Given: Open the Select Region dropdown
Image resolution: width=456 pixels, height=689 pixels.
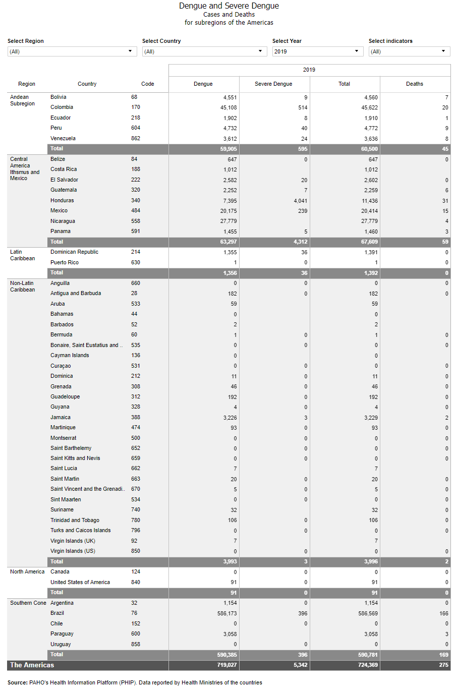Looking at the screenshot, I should (x=72, y=51).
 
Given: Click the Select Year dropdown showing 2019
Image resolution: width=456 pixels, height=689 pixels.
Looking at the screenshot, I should (x=317, y=51).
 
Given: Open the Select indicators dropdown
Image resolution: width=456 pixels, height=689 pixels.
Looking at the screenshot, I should (x=409, y=51).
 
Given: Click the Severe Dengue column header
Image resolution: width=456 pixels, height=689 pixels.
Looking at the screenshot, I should (x=273, y=84).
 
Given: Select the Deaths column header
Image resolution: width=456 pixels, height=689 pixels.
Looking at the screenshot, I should (x=415, y=84).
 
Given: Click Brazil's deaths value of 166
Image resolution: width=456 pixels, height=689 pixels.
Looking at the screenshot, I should (x=443, y=614).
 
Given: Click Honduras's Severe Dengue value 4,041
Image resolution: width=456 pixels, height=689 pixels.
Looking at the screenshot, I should (x=300, y=201).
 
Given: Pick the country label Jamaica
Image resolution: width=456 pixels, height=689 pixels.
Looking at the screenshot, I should (x=61, y=418).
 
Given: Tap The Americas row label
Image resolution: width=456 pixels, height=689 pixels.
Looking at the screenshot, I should (x=32, y=665).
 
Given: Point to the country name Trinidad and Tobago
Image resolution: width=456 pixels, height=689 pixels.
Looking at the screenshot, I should (x=75, y=521).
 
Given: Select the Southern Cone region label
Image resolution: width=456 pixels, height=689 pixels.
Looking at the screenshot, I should (x=28, y=603).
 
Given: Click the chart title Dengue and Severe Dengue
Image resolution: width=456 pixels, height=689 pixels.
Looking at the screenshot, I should (x=229, y=6).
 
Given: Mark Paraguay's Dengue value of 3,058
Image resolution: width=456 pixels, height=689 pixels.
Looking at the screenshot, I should (x=230, y=635).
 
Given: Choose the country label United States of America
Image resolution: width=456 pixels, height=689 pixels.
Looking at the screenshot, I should (x=80, y=583).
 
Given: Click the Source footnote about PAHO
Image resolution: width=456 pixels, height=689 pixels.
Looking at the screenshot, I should (x=135, y=683).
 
